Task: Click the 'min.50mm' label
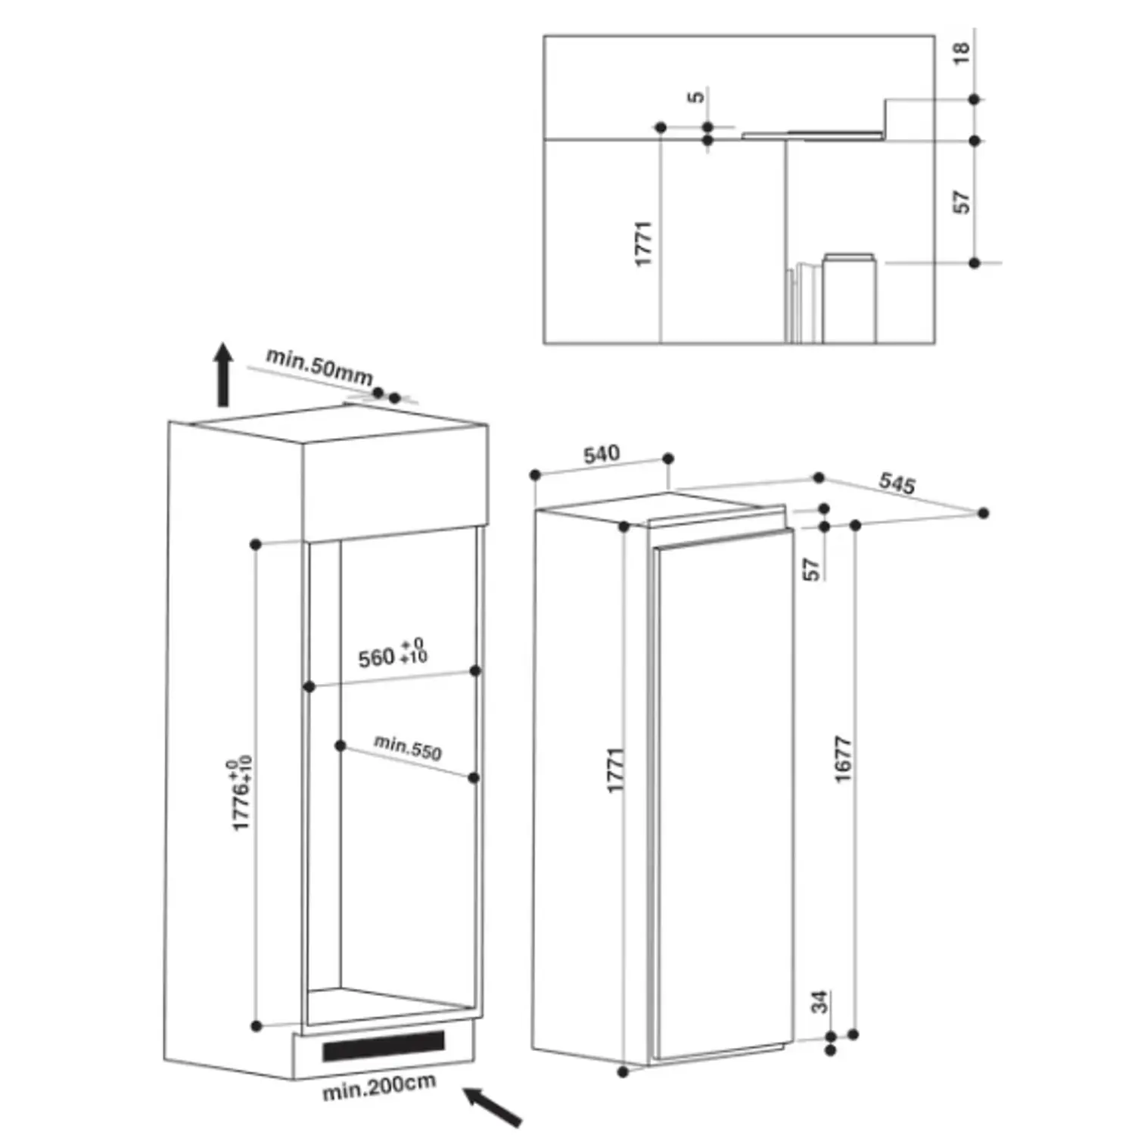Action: point(319,366)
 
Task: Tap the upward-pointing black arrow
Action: point(222,375)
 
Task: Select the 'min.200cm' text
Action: point(379,1087)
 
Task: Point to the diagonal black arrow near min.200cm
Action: point(492,1107)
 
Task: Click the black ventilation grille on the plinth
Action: point(384,1045)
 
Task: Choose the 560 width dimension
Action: point(393,654)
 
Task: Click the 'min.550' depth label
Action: point(408,748)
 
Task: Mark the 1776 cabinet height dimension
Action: point(241,792)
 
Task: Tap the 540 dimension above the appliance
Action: point(602,454)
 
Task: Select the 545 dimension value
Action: point(897,483)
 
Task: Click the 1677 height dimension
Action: point(843,759)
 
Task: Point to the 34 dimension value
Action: point(820,1002)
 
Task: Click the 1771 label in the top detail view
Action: point(642,244)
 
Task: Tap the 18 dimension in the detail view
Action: point(961,53)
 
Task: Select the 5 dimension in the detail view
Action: point(696,96)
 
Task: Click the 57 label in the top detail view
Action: point(961,202)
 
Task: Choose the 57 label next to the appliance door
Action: point(811,569)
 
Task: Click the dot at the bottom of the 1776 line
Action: point(257,1026)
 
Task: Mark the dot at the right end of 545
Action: point(983,513)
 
